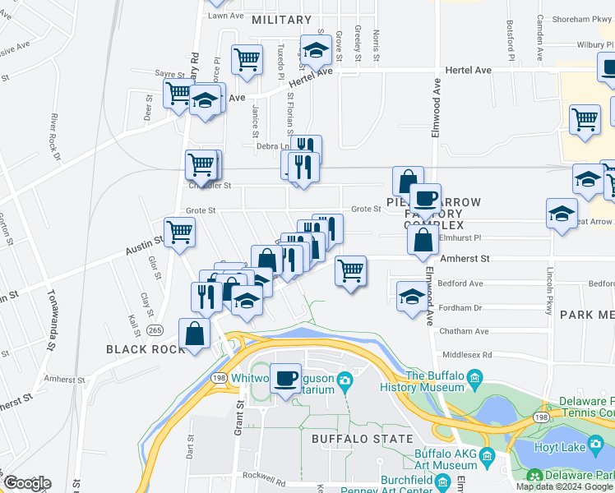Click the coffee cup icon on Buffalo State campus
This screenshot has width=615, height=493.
click(x=285, y=379)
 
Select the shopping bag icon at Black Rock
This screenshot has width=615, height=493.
click(x=194, y=334)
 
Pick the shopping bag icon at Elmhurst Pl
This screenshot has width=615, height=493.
click(x=423, y=240)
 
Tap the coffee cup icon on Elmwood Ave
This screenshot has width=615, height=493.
click(x=425, y=198)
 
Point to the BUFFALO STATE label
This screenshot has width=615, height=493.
click(x=363, y=439)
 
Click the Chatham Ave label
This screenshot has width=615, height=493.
click(x=465, y=331)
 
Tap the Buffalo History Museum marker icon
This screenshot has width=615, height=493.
click(x=474, y=378)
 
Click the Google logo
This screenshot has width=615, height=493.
click(x=27, y=483)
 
